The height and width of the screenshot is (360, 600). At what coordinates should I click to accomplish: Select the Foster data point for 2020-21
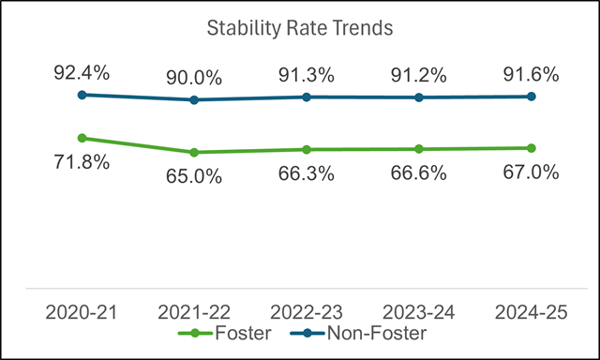(x=82, y=138)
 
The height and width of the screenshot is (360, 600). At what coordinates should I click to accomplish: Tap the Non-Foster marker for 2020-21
(x=82, y=95)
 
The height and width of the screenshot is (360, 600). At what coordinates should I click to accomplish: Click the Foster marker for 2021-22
(x=194, y=152)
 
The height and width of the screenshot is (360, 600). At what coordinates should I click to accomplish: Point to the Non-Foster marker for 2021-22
(x=194, y=99)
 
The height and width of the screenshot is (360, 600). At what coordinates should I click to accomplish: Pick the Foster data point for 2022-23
(x=307, y=149)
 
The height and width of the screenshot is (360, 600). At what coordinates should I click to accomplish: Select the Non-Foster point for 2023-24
(x=419, y=97)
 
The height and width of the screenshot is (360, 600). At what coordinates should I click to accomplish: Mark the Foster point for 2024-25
(x=532, y=148)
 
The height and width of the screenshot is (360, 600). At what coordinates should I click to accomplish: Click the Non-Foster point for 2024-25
(x=532, y=97)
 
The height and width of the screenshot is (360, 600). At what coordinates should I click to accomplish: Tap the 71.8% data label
(x=82, y=163)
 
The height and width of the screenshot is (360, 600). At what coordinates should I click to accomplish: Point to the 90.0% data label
(x=194, y=75)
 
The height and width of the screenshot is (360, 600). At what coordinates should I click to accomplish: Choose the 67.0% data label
(x=532, y=172)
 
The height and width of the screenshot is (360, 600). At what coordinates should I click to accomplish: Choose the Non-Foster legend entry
(x=352, y=333)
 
